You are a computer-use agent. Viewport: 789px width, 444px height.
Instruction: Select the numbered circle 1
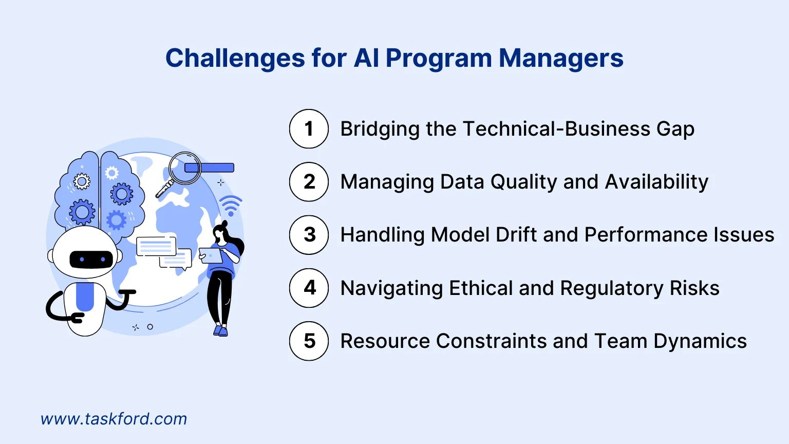[309, 129]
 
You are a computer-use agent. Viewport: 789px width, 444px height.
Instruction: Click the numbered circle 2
[309, 182]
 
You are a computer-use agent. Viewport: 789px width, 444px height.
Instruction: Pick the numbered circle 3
[309, 235]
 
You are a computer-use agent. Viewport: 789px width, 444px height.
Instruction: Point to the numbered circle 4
[309, 288]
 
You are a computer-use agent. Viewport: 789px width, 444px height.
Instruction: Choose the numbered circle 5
[309, 341]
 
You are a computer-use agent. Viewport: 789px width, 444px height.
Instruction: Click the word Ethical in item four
[480, 288]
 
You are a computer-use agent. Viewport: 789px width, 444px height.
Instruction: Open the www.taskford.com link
[114, 419]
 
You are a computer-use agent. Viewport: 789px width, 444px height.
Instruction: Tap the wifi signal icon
[231, 206]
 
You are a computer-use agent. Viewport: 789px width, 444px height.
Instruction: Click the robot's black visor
[91, 260]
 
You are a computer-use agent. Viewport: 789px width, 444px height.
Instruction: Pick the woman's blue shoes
[220, 330]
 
